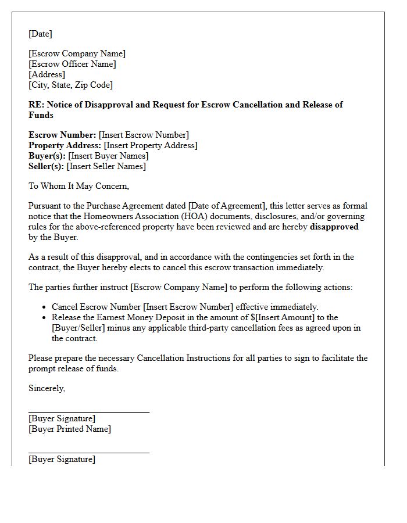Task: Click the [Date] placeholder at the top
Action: pos(40,34)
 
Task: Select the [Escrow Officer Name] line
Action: pos(72,64)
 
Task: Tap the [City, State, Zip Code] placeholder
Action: pos(70,85)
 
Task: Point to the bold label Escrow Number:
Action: pos(62,135)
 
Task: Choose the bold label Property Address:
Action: pos(65,145)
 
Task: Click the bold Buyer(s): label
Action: pos(47,156)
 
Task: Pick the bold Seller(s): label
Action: pos(47,166)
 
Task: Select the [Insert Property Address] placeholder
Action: pos(151,145)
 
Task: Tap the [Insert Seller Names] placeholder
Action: pos(106,166)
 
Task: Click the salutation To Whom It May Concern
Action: pos(78,186)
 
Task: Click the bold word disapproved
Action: pos(334,227)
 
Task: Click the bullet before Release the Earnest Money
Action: pos(45,318)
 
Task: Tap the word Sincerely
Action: pos(47,388)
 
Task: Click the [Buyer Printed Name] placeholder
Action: pos(69,429)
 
